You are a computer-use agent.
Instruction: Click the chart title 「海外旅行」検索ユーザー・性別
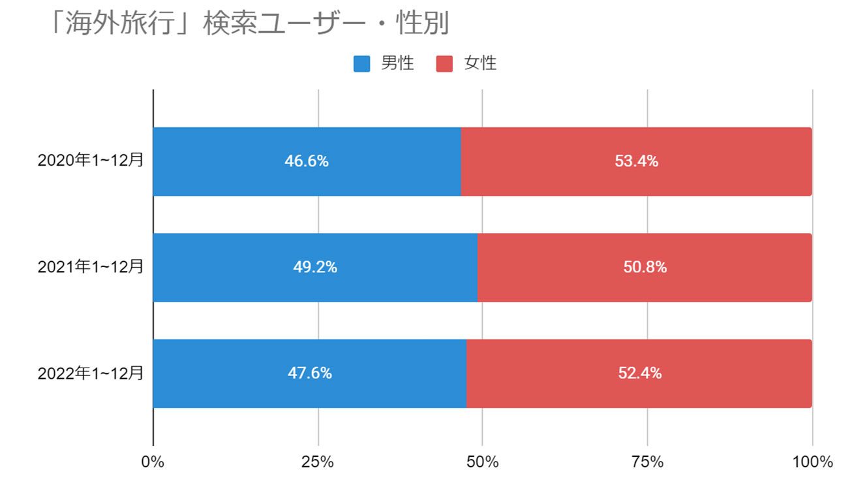(x=249, y=25)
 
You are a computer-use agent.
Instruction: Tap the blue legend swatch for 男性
(x=362, y=63)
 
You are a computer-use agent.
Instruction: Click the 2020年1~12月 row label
(x=90, y=161)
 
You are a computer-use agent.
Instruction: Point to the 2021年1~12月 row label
(x=90, y=267)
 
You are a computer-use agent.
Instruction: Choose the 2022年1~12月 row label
(x=90, y=373)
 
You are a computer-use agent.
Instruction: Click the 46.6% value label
(x=307, y=161)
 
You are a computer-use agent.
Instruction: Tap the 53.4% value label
(x=636, y=161)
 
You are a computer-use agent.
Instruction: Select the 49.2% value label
(x=315, y=267)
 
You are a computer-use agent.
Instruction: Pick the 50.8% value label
(x=644, y=267)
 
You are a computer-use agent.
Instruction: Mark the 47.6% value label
(x=310, y=373)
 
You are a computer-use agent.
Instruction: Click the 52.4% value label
(x=639, y=373)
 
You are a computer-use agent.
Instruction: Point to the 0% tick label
(x=153, y=462)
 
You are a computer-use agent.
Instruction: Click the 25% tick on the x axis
(x=318, y=462)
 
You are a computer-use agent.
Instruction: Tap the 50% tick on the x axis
(x=483, y=462)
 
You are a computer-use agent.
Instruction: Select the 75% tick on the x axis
(x=648, y=462)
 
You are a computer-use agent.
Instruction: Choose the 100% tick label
(x=811, y=462)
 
